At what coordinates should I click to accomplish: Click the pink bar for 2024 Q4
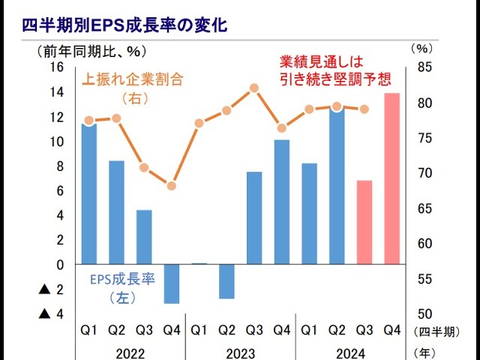(391, 178)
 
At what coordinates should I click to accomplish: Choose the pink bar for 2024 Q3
(364, 222)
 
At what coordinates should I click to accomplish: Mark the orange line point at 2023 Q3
(254, 88)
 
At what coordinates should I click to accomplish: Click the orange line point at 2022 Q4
(172, 185)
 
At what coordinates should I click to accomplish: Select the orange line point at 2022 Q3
(144, 167)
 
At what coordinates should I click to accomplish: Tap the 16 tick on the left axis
(57, 67)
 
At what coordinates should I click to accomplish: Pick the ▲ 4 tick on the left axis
(50, 313)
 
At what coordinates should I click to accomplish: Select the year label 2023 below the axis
(240, 352)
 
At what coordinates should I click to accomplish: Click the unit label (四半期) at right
(436, 330)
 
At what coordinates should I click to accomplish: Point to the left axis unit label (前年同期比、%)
(89, 51)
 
